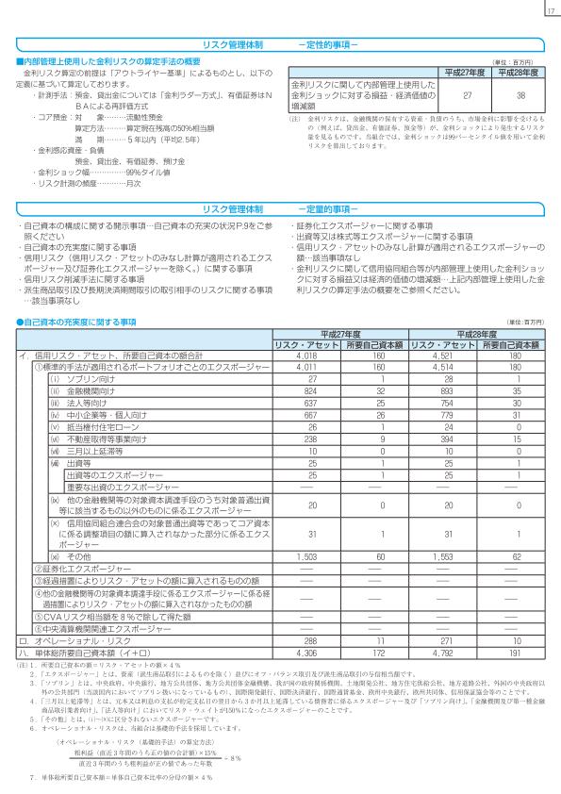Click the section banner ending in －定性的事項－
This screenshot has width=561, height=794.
pos(280,44)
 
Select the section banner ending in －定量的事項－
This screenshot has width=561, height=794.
pos(280,208)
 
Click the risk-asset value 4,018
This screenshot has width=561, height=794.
pos(305,357)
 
